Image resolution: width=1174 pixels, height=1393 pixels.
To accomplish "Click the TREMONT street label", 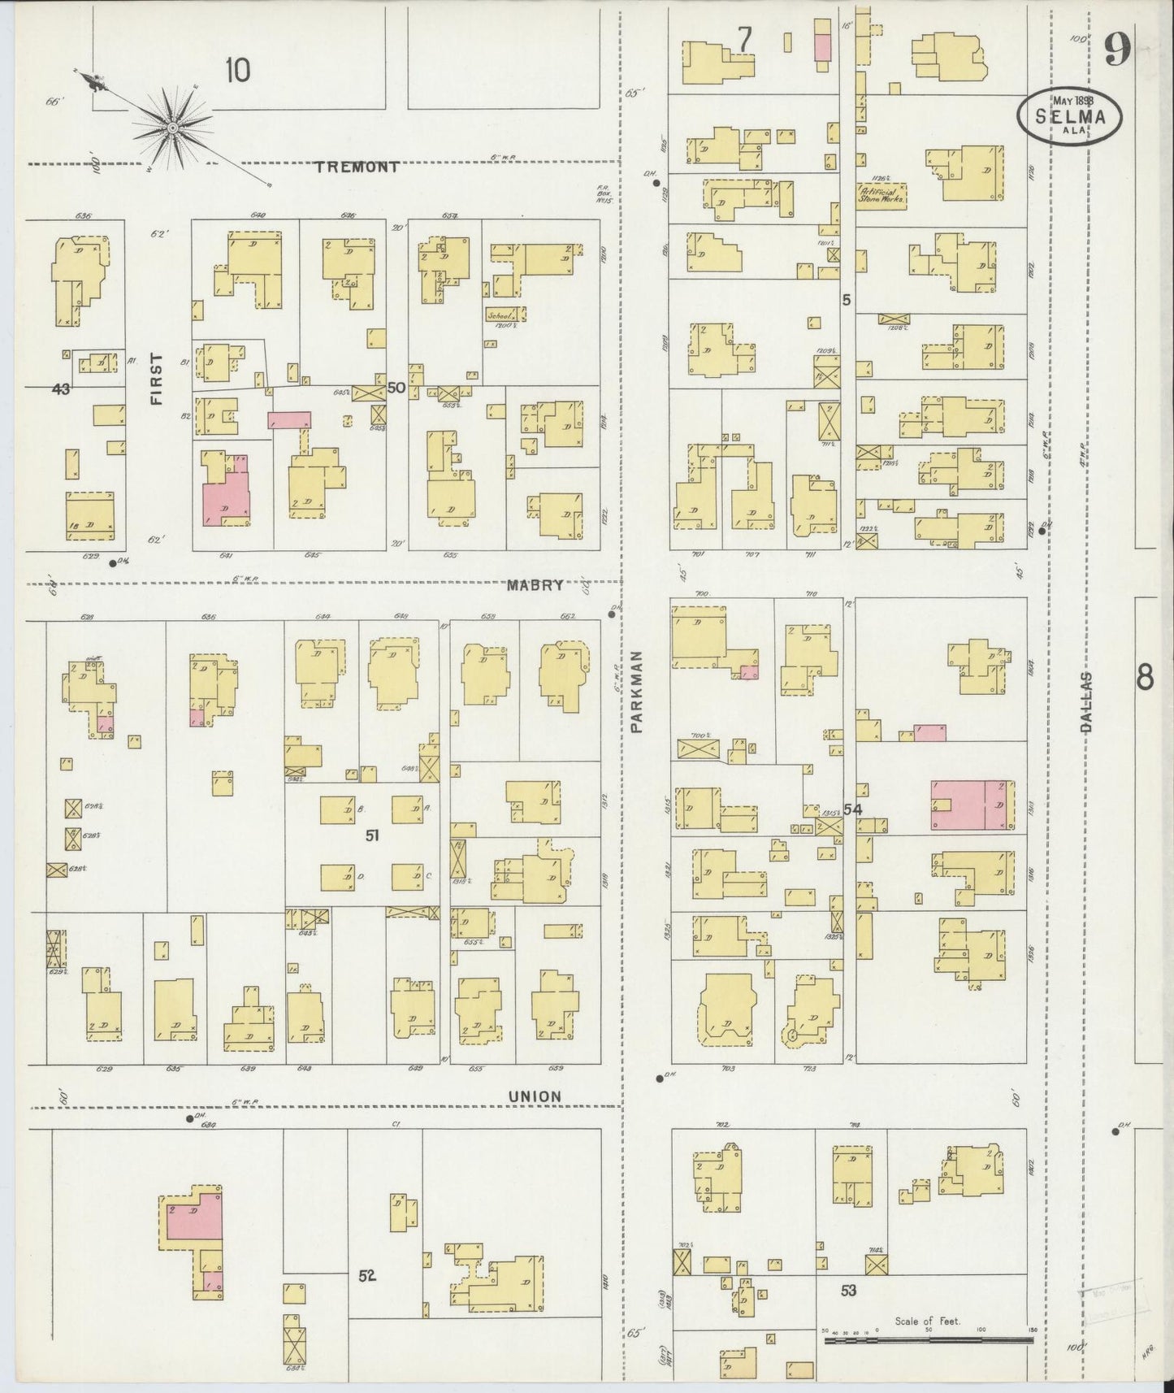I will (x=357, y=167).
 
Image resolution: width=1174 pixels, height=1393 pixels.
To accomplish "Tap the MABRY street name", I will (x=535, y=584).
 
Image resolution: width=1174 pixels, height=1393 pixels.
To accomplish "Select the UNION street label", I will (x=535, y=1096).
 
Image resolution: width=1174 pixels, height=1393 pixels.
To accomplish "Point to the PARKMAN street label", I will (x=636, y=692).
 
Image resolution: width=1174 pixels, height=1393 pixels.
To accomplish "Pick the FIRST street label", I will (x=156, y=379).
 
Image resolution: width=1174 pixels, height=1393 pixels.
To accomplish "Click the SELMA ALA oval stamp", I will (x=1071, y=115).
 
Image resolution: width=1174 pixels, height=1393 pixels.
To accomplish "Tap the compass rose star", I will (x=172, y=127).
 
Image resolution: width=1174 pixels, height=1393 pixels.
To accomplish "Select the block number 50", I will (x=396, y=388).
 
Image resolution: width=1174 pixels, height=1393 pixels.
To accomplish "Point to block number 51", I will (x=372, y=835).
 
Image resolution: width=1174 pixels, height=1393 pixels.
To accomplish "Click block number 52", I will (x=367, y=1275).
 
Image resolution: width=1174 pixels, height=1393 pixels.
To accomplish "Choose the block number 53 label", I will (x=848, y=1290).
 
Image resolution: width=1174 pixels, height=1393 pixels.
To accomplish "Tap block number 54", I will (x=852, y=809).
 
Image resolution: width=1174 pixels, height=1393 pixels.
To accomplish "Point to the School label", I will (x=497, y=315).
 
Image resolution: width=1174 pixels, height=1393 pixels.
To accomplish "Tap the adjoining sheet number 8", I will (x=1144, y=677).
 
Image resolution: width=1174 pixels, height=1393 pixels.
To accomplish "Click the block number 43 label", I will (x=60, y=389).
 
